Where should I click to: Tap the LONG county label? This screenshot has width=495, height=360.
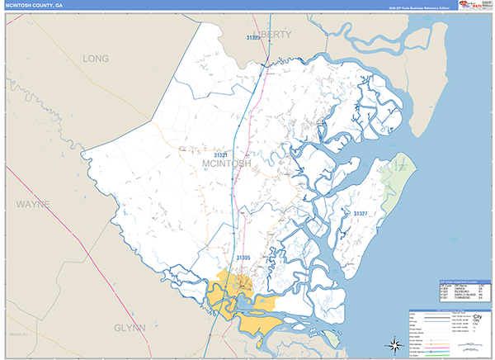96,59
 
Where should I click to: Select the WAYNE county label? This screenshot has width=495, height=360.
32,203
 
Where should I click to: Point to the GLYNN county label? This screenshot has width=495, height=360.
130,327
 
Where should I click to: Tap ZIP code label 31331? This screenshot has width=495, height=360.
223,154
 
